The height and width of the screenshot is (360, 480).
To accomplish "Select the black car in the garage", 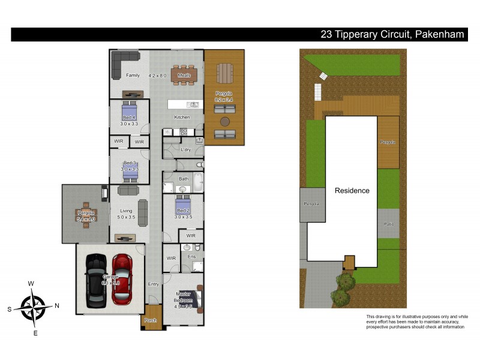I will [95, 279].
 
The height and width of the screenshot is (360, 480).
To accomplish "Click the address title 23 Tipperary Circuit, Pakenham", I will [392, 35].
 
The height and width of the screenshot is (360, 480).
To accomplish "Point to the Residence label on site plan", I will [352, 191].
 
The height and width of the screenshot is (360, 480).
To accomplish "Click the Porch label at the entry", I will [150, 320].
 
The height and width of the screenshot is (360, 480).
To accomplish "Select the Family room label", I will [133, 76].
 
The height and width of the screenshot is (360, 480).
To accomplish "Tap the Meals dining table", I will [184, 75].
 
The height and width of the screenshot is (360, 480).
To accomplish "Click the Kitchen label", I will [182, 117].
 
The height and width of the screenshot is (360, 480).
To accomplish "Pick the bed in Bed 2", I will [183, 205].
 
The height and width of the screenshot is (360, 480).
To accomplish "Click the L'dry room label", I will [185, 149].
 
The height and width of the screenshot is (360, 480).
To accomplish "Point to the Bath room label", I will [183, 178].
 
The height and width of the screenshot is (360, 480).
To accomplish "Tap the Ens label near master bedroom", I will [191, 257].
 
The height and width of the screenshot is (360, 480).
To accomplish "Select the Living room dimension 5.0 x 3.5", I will [126, 218].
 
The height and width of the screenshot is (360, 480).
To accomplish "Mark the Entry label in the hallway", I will [154, 285].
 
